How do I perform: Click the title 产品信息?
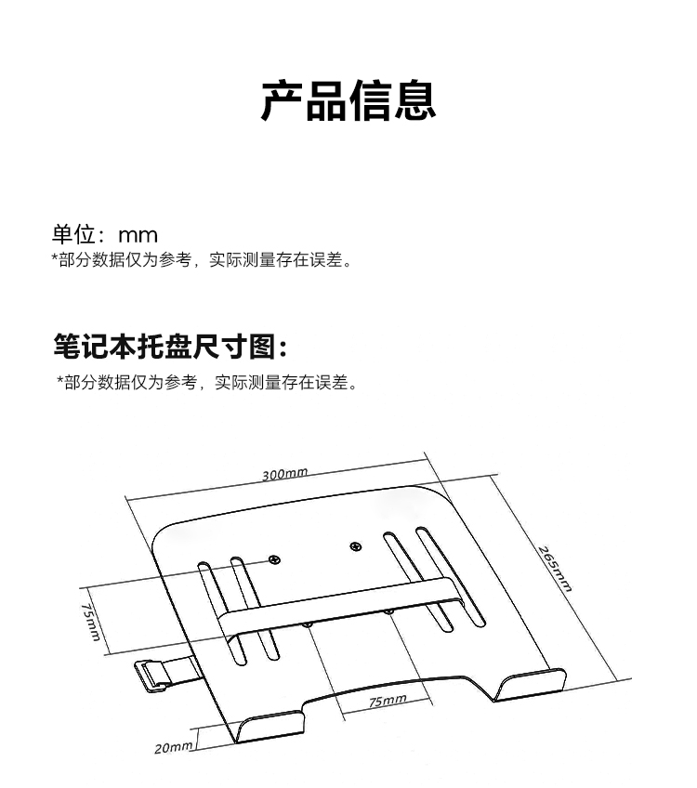348,100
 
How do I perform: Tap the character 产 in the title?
282,100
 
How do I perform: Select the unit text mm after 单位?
138,235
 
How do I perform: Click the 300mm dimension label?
284,474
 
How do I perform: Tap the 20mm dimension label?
174,747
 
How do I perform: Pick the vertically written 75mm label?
89,621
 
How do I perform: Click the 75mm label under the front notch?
388,701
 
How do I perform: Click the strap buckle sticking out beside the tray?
154,673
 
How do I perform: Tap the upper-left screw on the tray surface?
273,559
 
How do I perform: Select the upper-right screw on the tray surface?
355,546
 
